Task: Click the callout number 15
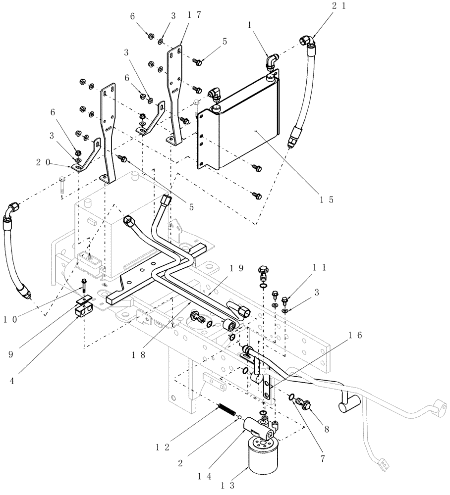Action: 326,200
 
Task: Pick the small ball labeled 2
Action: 239,418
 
